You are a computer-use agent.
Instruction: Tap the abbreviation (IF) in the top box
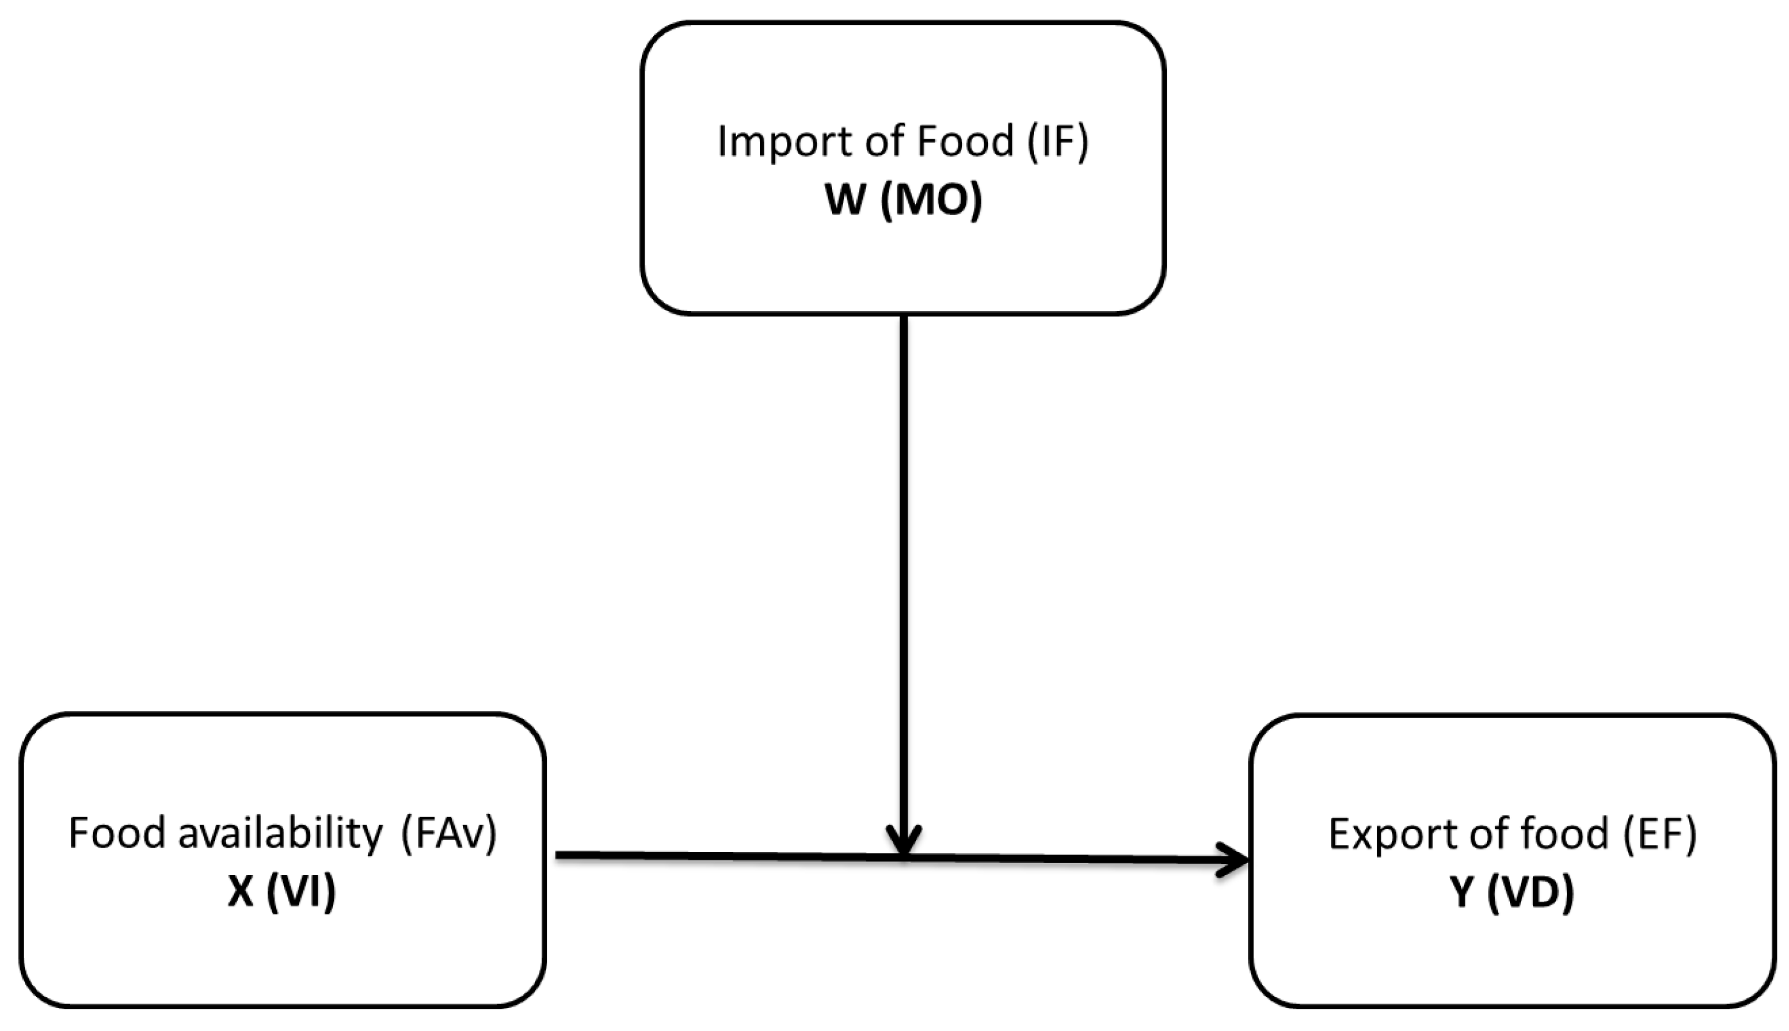tap(1058, 142)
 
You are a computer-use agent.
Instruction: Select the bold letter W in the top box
tap(845, 200)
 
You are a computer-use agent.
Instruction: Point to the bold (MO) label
tap(931, 200)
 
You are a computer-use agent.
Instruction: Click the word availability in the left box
tap(280, 833)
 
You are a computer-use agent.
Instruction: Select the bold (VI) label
tap(301, 892)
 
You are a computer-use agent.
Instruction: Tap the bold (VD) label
tap(1530, 893)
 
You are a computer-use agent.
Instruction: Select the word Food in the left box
tap(117, 833)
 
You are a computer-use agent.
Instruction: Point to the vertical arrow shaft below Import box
tap(904, 567)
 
